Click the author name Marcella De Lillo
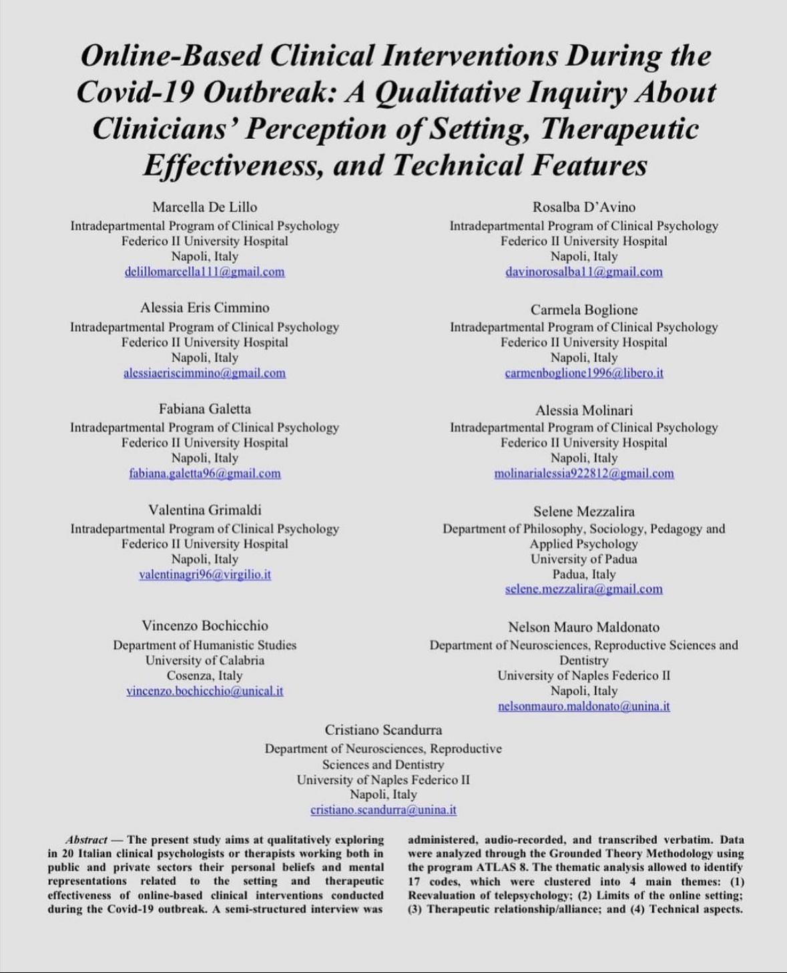(x=204, y=207)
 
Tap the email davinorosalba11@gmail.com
(x=583, y=272)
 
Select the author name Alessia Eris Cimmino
(x=204, y=308)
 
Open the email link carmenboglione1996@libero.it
(x=583, y=373)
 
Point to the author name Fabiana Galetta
(x=204, y=408)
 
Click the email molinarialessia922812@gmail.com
(x=583, y=473)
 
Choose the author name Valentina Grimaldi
(x=204, y=510)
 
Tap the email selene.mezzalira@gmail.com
(x=583, y=589)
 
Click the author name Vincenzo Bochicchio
(x=204, y=625)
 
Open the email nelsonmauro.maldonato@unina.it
(x=583, y=706)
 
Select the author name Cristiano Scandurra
(x=383, y=729)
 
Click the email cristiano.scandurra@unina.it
(x=383, y=809)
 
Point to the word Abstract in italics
(x=87, y=840)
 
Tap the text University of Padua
(x=583, y=559)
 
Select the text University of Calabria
(x=204, y=660)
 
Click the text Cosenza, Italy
(x=204, y=675)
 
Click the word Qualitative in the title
(x=438, y=92)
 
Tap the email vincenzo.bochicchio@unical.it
(x=204, y=691)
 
